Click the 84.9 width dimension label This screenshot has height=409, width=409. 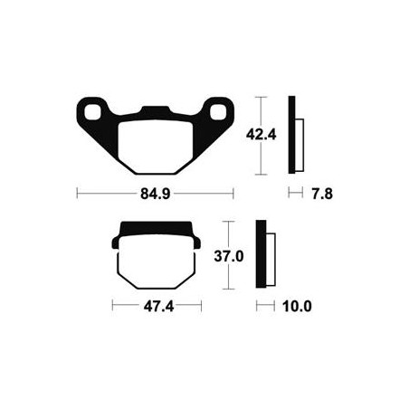(x=156, y=194)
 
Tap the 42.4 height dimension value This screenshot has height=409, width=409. (x=262, y=135)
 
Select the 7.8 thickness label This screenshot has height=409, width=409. (x=322, y=194)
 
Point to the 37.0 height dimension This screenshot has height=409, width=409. (x=229, y=257)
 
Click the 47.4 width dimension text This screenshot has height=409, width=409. (x=158, y=307)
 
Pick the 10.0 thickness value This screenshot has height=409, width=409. (x=297, y=307)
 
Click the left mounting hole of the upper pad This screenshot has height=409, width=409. (x=92, y=112)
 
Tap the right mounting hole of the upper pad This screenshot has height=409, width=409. (x=218, y=112)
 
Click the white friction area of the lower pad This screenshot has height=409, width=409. (x=157, y=262)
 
